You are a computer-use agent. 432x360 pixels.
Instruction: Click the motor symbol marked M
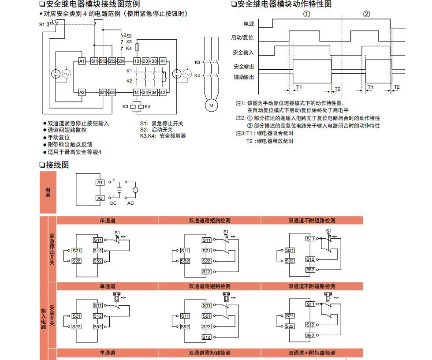pyautogui.click(x=211, y=105)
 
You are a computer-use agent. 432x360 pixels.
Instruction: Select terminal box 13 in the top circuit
pyautogui.click(x=137, y=61)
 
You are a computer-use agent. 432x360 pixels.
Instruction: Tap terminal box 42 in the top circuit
pyautogui.click(x=163, y=92)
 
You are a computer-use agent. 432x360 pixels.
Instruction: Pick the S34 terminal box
pyautogui.click(x=121, y=61)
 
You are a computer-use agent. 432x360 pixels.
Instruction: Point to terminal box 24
pyautogui.click(x=145, y=92)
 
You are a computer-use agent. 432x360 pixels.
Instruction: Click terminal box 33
pyautogui.click(x=154, y=61)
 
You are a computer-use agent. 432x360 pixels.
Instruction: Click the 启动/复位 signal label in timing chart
pyautogui.click(x=242, y=38)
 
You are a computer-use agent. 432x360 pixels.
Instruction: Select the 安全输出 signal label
pyautogui.click(x=244, y=67)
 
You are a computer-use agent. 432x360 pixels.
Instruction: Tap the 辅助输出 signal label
pyautogui.click(x=244, y=77)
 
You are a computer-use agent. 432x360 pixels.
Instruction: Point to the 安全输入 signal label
pyautogui.click(x=244, y=52)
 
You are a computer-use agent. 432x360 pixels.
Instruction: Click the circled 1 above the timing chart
pyautogui.click(x=307, y=14)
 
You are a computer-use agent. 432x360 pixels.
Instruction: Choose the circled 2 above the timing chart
pyautogui.click(x=366, y=14)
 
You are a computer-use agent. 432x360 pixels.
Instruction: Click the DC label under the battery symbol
pyautogui.click(x=113, y=203)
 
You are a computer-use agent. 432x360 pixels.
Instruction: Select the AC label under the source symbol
pyautogui.click(x=130, y=203)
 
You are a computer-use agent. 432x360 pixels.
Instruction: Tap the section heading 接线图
pyautogui.click(x=57, y=165)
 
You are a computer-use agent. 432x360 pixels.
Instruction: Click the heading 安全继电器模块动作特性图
pyautogui.click(x=284, y=4)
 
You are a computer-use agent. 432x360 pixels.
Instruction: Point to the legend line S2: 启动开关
pyautogui.click(x=156, y=130)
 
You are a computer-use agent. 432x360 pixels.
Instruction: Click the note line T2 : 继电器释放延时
pyautogui.click(x=270, y=141)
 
